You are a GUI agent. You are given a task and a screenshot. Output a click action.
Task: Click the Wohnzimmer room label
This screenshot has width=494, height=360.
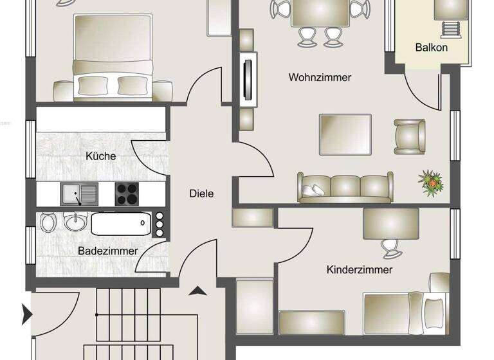tap(320, 78)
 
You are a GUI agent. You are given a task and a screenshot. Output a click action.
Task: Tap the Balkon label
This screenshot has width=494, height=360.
tap(431, 48)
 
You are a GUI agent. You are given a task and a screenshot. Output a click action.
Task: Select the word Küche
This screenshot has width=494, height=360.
tap(101, 156)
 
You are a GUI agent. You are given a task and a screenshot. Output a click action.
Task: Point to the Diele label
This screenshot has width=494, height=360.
tap(201, 193)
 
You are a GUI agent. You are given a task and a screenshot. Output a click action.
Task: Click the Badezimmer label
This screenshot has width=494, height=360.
tap(107, 251)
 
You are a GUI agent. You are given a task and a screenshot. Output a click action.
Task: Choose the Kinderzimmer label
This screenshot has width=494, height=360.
tap(359, 270)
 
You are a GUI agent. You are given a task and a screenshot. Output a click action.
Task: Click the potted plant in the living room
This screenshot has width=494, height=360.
tap(430, 182)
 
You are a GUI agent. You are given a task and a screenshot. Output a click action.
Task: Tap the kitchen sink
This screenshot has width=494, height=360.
tap(79, 193)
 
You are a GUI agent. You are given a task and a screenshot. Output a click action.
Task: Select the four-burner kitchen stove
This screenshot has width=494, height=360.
tap(127, 193)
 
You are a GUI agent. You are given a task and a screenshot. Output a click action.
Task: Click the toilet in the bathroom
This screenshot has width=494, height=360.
tap(48, 223)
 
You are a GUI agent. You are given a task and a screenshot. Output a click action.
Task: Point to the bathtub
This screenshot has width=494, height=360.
tap(120, 224)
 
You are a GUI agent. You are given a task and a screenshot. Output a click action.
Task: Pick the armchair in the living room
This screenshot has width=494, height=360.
tap(409, 136)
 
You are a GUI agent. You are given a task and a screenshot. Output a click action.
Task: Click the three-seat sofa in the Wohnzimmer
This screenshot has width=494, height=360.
tap(344, 187)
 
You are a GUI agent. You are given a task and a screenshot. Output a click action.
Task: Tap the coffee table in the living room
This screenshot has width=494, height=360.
tap(345, 134)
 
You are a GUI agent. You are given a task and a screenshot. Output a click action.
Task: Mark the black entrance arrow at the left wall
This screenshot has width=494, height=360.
tap(27, 314)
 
